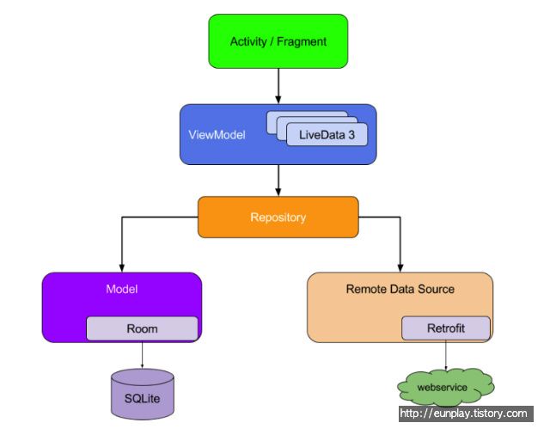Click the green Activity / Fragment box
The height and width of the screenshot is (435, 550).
(278, 41)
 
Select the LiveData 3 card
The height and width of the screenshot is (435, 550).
(327, 134)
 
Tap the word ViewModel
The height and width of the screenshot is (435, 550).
(217, 135)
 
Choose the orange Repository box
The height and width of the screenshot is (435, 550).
(278, 217)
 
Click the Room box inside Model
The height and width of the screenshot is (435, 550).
(142, 328)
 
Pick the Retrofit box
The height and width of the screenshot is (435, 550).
(446, 328)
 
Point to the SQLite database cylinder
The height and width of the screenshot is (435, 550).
(143, 394)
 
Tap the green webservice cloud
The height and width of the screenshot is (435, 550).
(445, 387)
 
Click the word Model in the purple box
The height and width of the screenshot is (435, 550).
(122, 289)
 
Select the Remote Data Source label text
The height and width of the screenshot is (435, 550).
(400, 289)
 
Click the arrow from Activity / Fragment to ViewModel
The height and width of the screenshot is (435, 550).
(278, 86)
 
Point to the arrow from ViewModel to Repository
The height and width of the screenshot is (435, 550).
(278, 181)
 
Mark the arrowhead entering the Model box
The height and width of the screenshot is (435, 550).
(122, 268)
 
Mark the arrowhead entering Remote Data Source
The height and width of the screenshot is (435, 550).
(400, 268)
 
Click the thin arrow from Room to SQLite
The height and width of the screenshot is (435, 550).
(142, 355)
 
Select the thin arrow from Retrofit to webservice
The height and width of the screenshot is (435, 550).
(446, 355)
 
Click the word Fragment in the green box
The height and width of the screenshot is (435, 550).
(302, 41)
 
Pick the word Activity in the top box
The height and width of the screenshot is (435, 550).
(248, 42)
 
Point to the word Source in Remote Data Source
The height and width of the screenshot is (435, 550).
(436, 289)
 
